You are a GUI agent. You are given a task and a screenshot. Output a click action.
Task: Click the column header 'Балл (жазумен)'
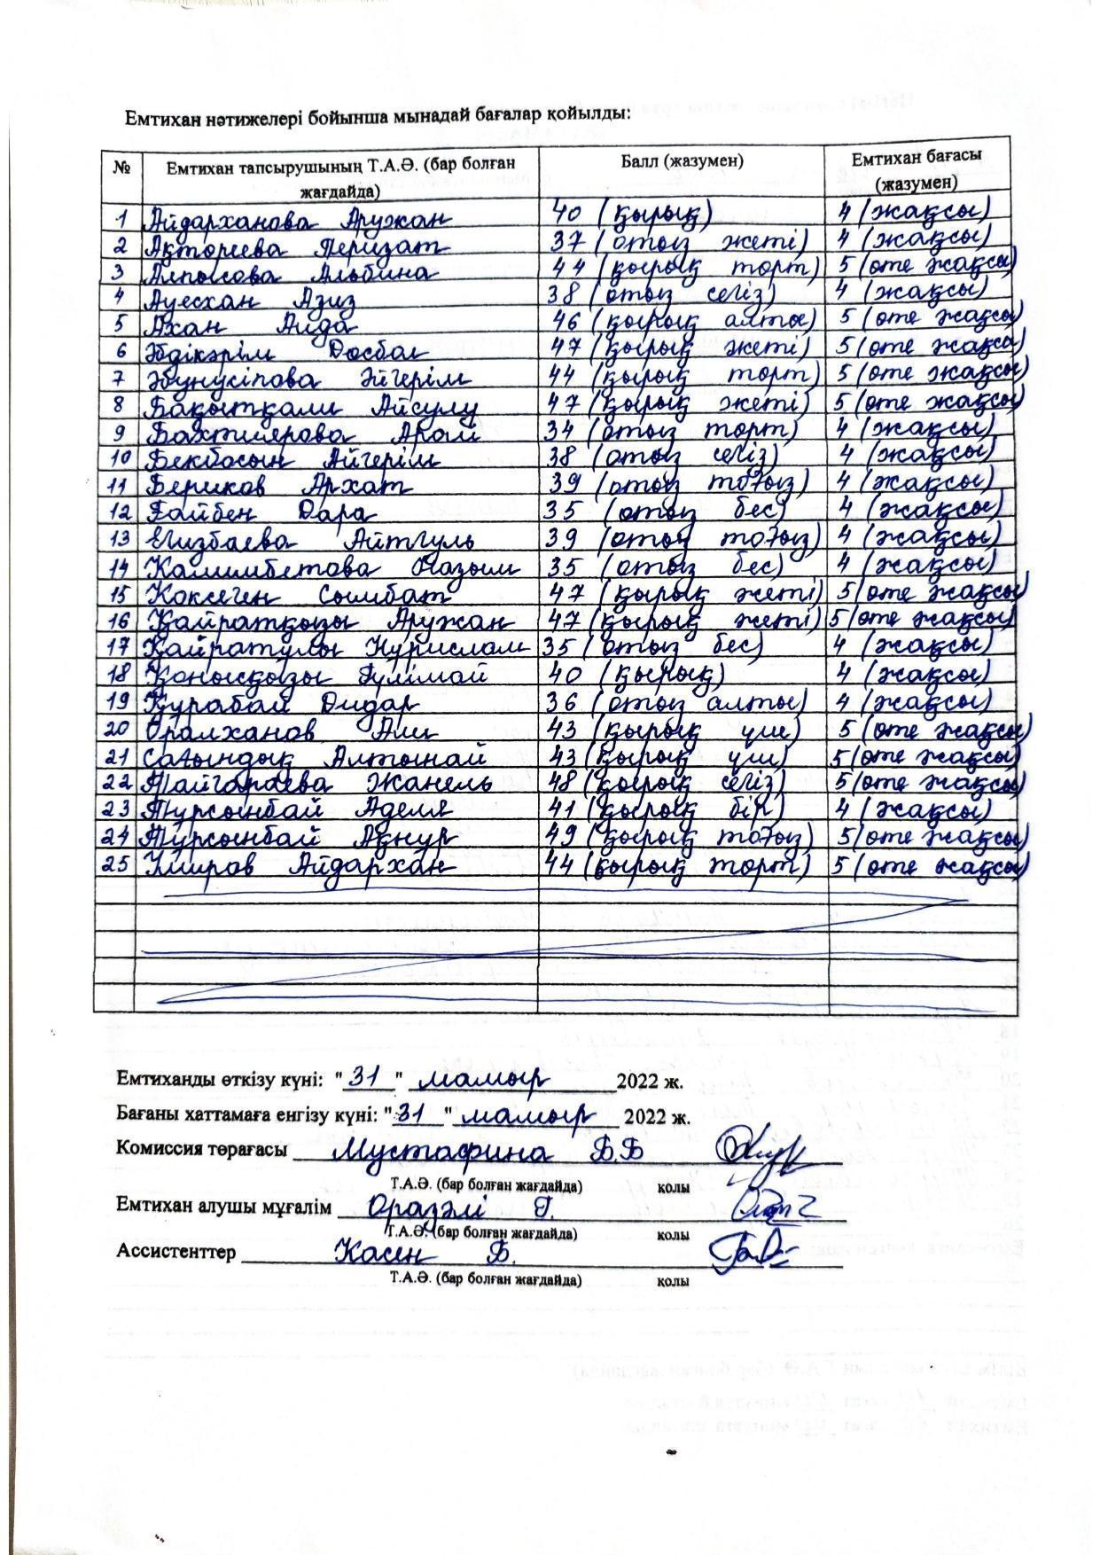681,160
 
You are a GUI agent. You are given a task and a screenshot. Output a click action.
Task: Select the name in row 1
298,217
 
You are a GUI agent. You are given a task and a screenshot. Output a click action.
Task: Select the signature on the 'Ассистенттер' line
745,1252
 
